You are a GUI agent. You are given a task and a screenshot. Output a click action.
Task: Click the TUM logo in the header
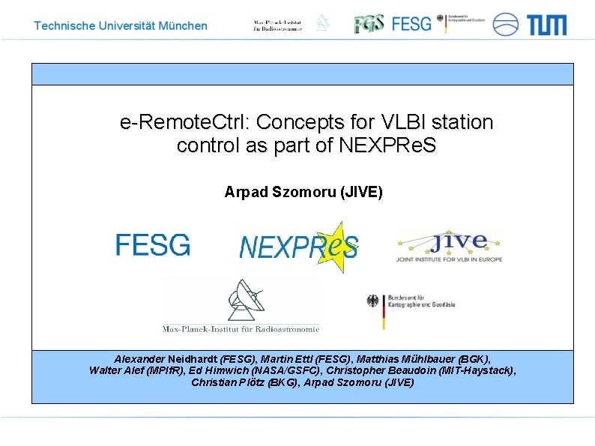(x=546, y=25)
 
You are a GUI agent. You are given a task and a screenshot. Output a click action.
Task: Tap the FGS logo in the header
(x=369, y=23)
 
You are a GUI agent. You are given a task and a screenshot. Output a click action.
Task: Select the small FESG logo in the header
(x=412, y=24)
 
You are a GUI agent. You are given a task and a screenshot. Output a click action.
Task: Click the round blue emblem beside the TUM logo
(x=505, y=24)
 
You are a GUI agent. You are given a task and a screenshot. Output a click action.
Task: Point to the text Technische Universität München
(x=121, y=25)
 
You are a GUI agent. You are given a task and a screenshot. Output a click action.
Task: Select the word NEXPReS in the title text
(x=387, y=145)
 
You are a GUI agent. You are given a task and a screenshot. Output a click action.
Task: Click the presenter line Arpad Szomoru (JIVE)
(x=303, y=193)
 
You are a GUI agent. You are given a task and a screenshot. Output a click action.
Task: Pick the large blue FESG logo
(x=153, y=245)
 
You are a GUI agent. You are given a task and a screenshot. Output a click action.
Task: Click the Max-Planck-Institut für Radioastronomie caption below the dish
(x=241, y=328)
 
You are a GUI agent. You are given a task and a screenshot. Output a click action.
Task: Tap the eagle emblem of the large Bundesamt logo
(x=373, y=302)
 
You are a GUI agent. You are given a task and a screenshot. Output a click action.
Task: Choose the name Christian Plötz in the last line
(x=223, y=382)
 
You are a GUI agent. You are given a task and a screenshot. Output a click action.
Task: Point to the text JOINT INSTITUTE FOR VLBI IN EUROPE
(x=449, y=259)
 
